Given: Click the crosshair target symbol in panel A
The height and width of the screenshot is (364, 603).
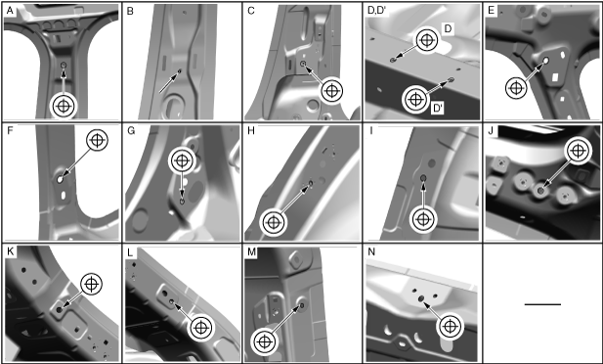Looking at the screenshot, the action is tap(64, 106).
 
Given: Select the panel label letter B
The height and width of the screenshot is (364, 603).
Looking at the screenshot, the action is tap(130, 11).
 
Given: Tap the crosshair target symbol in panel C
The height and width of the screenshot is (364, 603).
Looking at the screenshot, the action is tap(331, 91).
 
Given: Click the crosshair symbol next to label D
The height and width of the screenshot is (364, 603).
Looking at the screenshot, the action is tap(426, 40).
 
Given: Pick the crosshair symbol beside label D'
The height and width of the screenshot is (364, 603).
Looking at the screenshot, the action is tap(414, 100).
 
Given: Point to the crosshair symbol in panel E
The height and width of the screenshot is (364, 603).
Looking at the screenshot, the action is tap(516, 88).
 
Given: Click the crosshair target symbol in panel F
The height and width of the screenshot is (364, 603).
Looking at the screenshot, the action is tap(98, 140).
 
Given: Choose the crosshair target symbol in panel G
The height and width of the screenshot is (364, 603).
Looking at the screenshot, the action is tap(183, 160).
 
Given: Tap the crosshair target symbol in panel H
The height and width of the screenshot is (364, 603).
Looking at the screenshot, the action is tap(273, 222).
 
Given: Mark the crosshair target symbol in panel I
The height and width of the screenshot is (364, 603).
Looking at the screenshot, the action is tap(423, 219).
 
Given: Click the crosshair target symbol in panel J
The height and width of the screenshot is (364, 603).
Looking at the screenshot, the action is tap(578, 151).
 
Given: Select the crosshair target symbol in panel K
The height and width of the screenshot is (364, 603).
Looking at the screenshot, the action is tap(91, 285).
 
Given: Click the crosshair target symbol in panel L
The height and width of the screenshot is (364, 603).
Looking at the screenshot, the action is tap(200, 328).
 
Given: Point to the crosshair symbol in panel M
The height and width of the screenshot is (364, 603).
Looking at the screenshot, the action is tap(264, 341).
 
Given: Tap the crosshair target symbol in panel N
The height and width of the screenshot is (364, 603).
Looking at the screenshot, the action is tap(449, 327).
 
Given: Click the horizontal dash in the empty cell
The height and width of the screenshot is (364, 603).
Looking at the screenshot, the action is tap(542, 304).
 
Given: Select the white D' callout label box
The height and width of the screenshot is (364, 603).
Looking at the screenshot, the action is tap(438, 109).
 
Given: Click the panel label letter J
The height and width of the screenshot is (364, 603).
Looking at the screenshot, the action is tap(491, 131).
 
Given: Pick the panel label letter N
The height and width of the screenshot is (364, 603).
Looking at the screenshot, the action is tap(371, 251).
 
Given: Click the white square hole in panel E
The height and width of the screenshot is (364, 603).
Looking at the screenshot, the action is tap(555, 78).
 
